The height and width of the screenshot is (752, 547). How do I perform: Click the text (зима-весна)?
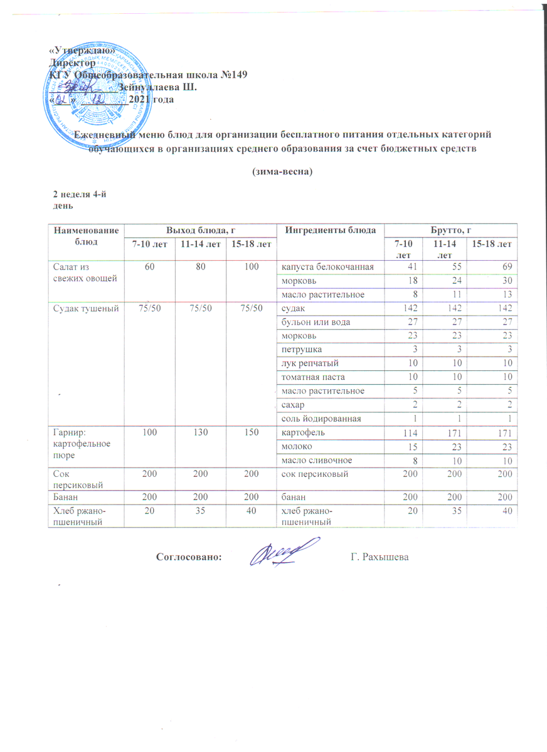pos(282,171)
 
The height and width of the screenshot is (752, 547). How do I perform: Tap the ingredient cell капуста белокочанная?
pos(327,268)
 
